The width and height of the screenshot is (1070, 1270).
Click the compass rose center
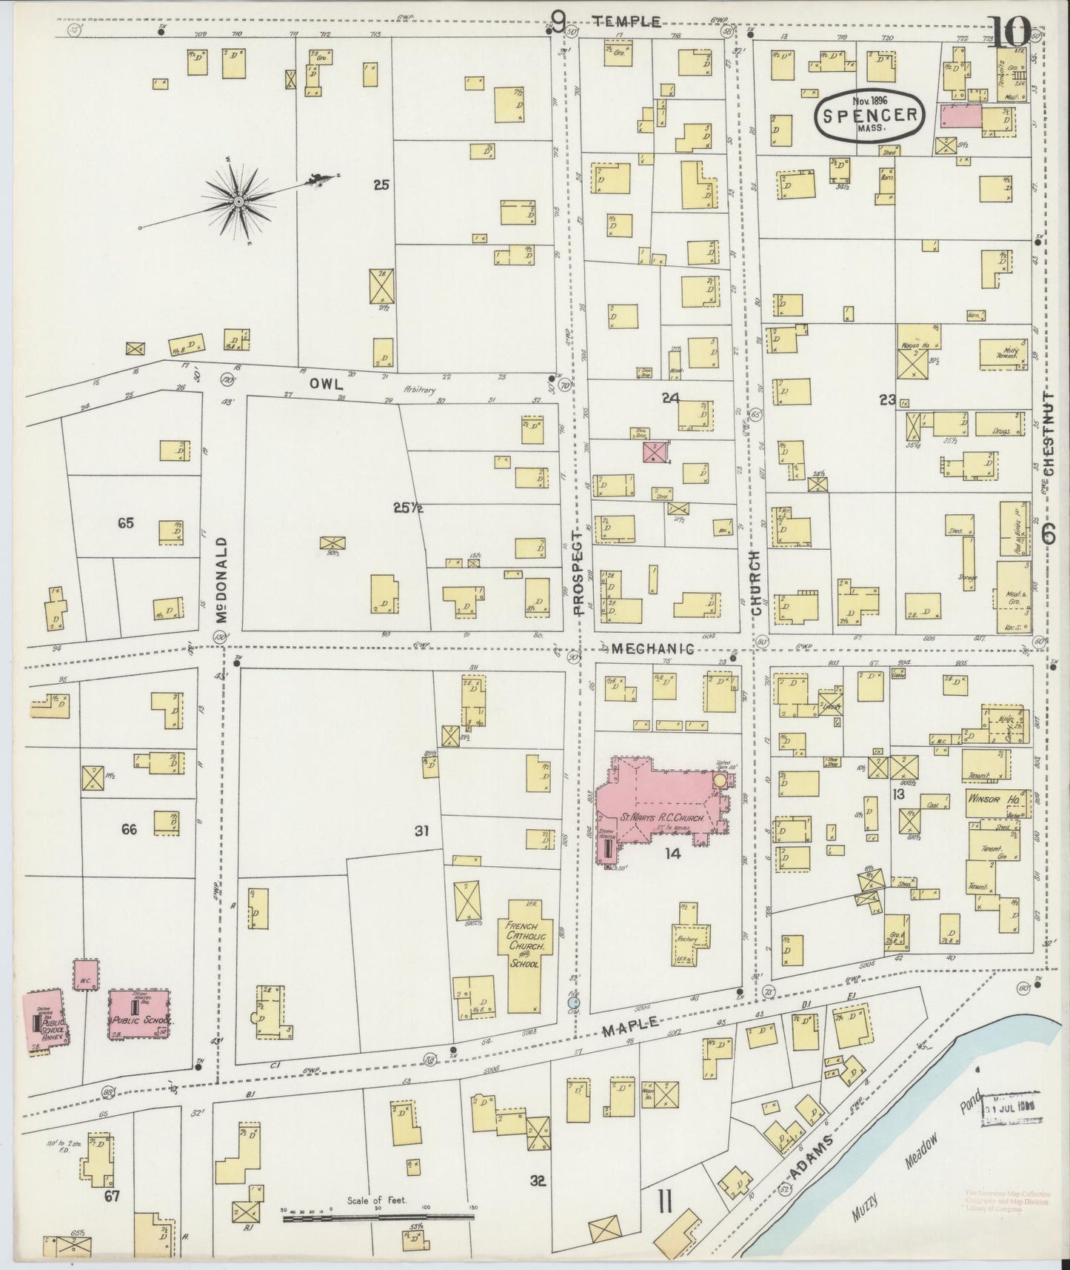[238, 202]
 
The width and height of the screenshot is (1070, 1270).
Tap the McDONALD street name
[220, 580]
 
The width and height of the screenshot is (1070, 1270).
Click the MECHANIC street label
[653, 649]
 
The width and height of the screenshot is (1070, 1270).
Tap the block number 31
[421, 831]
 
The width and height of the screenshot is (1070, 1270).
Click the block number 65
[125, 523]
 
